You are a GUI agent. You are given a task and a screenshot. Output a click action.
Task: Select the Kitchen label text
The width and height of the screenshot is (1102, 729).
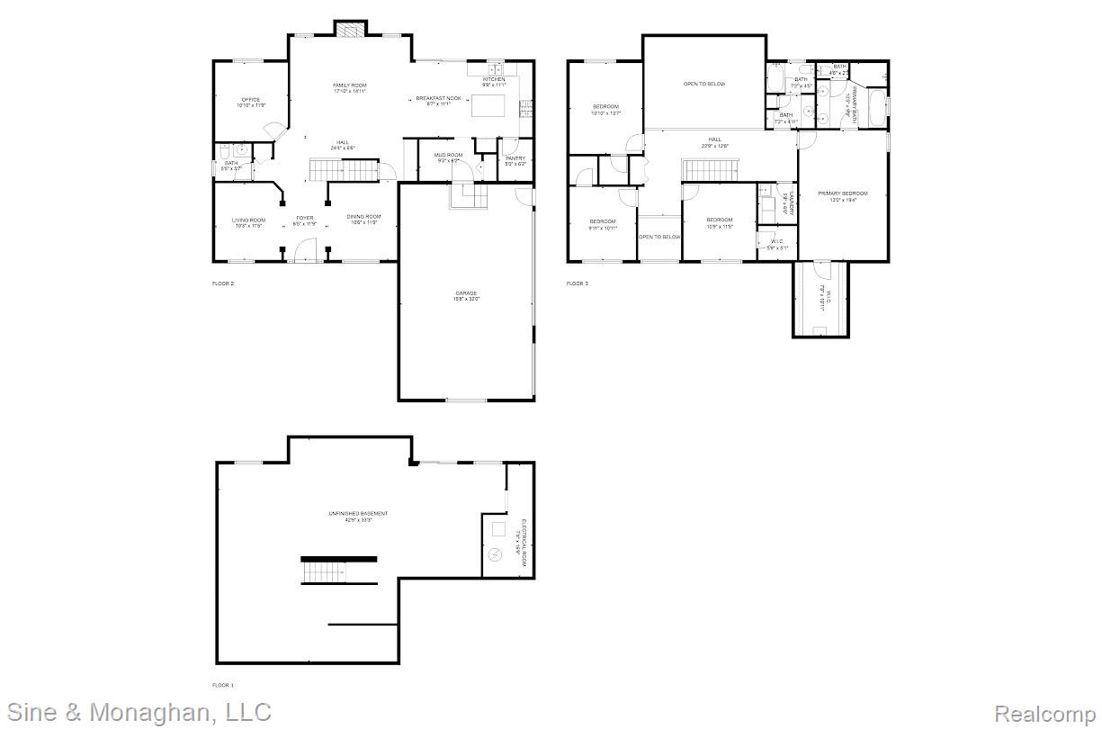tap(494, 80)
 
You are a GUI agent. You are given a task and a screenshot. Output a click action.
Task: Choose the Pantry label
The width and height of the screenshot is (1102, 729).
tap(515, 159)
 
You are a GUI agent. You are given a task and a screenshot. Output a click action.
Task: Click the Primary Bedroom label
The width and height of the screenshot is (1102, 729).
tap(843, 194)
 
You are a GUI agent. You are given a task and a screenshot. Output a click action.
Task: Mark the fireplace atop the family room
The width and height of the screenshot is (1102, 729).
tap(350, 29)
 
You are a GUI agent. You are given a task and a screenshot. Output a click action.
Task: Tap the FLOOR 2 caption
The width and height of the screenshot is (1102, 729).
tap(222, 284)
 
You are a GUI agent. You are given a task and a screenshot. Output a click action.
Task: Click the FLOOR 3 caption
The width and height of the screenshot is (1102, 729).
tap(577, 284)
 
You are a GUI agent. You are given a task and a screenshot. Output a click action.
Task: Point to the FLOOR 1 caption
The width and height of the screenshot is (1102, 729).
tap(222, 686)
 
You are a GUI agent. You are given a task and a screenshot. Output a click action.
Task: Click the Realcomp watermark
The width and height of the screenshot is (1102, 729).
tap(1044, 714)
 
